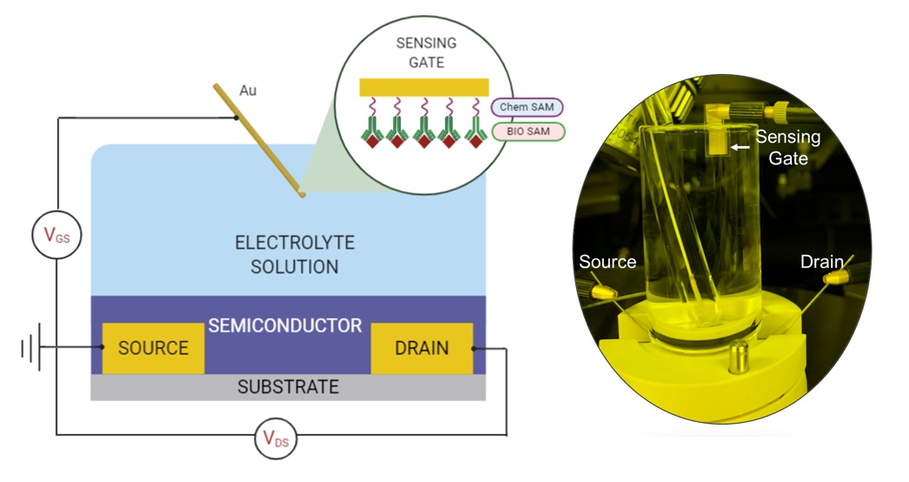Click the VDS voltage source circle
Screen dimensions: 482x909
(x=276, y=440)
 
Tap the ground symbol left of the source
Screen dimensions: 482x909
(x=30, y=349)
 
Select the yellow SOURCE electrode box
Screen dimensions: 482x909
(x=153, y=349)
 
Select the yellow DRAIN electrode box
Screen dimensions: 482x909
(x=421, y=349)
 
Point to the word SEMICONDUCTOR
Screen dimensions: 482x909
(x=284, y=326)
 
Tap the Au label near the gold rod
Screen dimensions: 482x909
(x=249, y=90)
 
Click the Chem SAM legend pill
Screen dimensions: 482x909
(x=527, y=107)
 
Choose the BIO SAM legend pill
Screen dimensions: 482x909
(x=527, y=132)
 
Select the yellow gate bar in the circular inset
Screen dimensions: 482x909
(x=422, y=87)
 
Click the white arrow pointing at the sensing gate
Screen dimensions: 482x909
(x=739, y=148)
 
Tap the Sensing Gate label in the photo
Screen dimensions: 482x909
(x=786, y=148)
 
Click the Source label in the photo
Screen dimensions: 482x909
(x=607, y=262)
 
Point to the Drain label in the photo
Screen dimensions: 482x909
(x=821, y=262)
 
